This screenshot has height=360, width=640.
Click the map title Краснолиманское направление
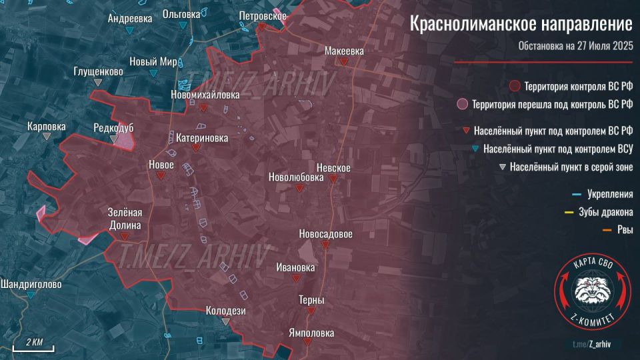521,25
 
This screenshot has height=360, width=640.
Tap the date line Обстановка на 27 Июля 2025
575,47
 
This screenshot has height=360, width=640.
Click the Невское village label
333,167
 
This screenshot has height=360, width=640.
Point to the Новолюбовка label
295,177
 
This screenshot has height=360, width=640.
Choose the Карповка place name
46,125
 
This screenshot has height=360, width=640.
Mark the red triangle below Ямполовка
307,341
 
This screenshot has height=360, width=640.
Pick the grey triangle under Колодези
226,321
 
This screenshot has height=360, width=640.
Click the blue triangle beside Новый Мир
154,73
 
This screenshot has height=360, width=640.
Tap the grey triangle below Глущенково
99,82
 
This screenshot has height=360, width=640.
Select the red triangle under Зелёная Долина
125,236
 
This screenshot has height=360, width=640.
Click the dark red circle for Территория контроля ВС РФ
514,87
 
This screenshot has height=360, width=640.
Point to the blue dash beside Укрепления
577,195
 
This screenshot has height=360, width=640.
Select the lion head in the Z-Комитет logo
593,291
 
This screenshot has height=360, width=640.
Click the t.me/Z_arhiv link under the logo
591,343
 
